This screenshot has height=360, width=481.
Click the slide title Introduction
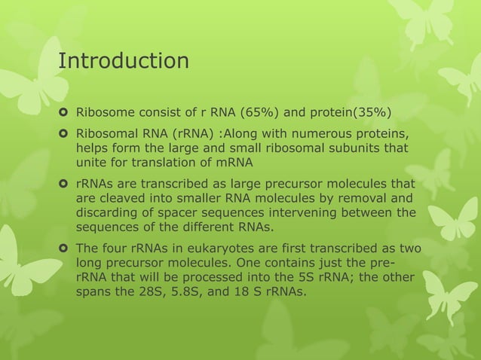(x=124, y=59)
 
